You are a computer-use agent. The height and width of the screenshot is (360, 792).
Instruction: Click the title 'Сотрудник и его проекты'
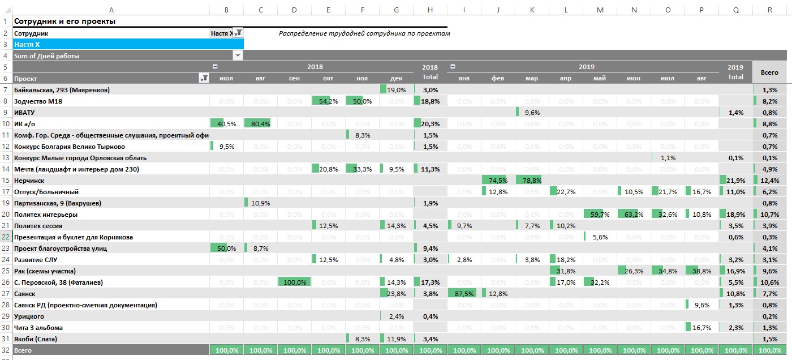64,22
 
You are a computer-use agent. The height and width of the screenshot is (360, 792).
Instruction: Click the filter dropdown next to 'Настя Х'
238,33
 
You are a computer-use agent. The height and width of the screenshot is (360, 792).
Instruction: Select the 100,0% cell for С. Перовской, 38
294,282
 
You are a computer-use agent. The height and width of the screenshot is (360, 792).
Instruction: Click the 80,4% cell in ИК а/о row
260,124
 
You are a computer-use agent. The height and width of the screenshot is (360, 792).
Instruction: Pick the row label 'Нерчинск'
29,181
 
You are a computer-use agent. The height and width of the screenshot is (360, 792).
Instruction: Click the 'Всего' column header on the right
769,72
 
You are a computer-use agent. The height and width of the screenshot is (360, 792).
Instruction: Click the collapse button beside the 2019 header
453,67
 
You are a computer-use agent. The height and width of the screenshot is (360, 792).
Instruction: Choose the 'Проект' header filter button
204,79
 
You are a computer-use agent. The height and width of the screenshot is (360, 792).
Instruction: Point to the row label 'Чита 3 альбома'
38,328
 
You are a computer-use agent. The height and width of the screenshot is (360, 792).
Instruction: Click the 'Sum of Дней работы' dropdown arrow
238,56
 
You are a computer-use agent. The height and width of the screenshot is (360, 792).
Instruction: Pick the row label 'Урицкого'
29,316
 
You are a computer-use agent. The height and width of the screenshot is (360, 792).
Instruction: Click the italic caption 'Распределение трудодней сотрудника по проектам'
364,33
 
